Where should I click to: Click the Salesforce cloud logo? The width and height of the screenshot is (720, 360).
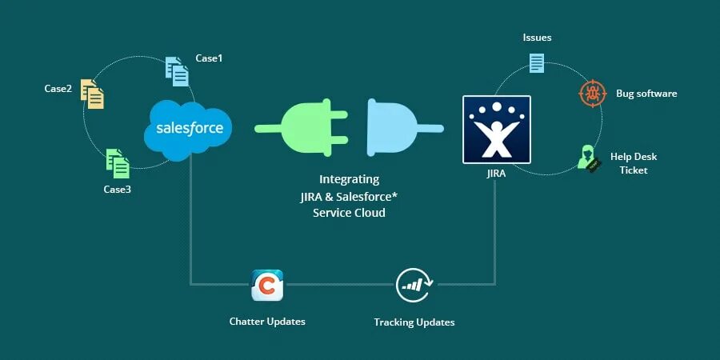189,128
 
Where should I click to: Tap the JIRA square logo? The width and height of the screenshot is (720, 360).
496,130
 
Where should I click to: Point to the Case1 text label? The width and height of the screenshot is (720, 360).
209,58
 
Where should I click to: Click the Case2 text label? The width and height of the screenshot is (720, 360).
58,88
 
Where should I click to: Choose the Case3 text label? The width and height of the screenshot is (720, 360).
117,189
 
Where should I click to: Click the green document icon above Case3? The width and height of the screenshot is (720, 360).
118,163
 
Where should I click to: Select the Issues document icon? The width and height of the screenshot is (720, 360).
536,62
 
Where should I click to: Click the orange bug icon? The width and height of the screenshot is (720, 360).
593,94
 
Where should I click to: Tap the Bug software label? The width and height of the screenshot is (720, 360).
646,94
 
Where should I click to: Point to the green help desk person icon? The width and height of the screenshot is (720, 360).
589,158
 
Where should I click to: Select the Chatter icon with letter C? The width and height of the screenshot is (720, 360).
267,285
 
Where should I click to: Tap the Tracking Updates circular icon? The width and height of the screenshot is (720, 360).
414,285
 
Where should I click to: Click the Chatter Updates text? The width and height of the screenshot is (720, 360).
267,321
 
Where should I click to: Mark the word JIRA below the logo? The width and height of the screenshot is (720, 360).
496,172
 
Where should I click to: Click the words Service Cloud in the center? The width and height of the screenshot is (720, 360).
349,213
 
